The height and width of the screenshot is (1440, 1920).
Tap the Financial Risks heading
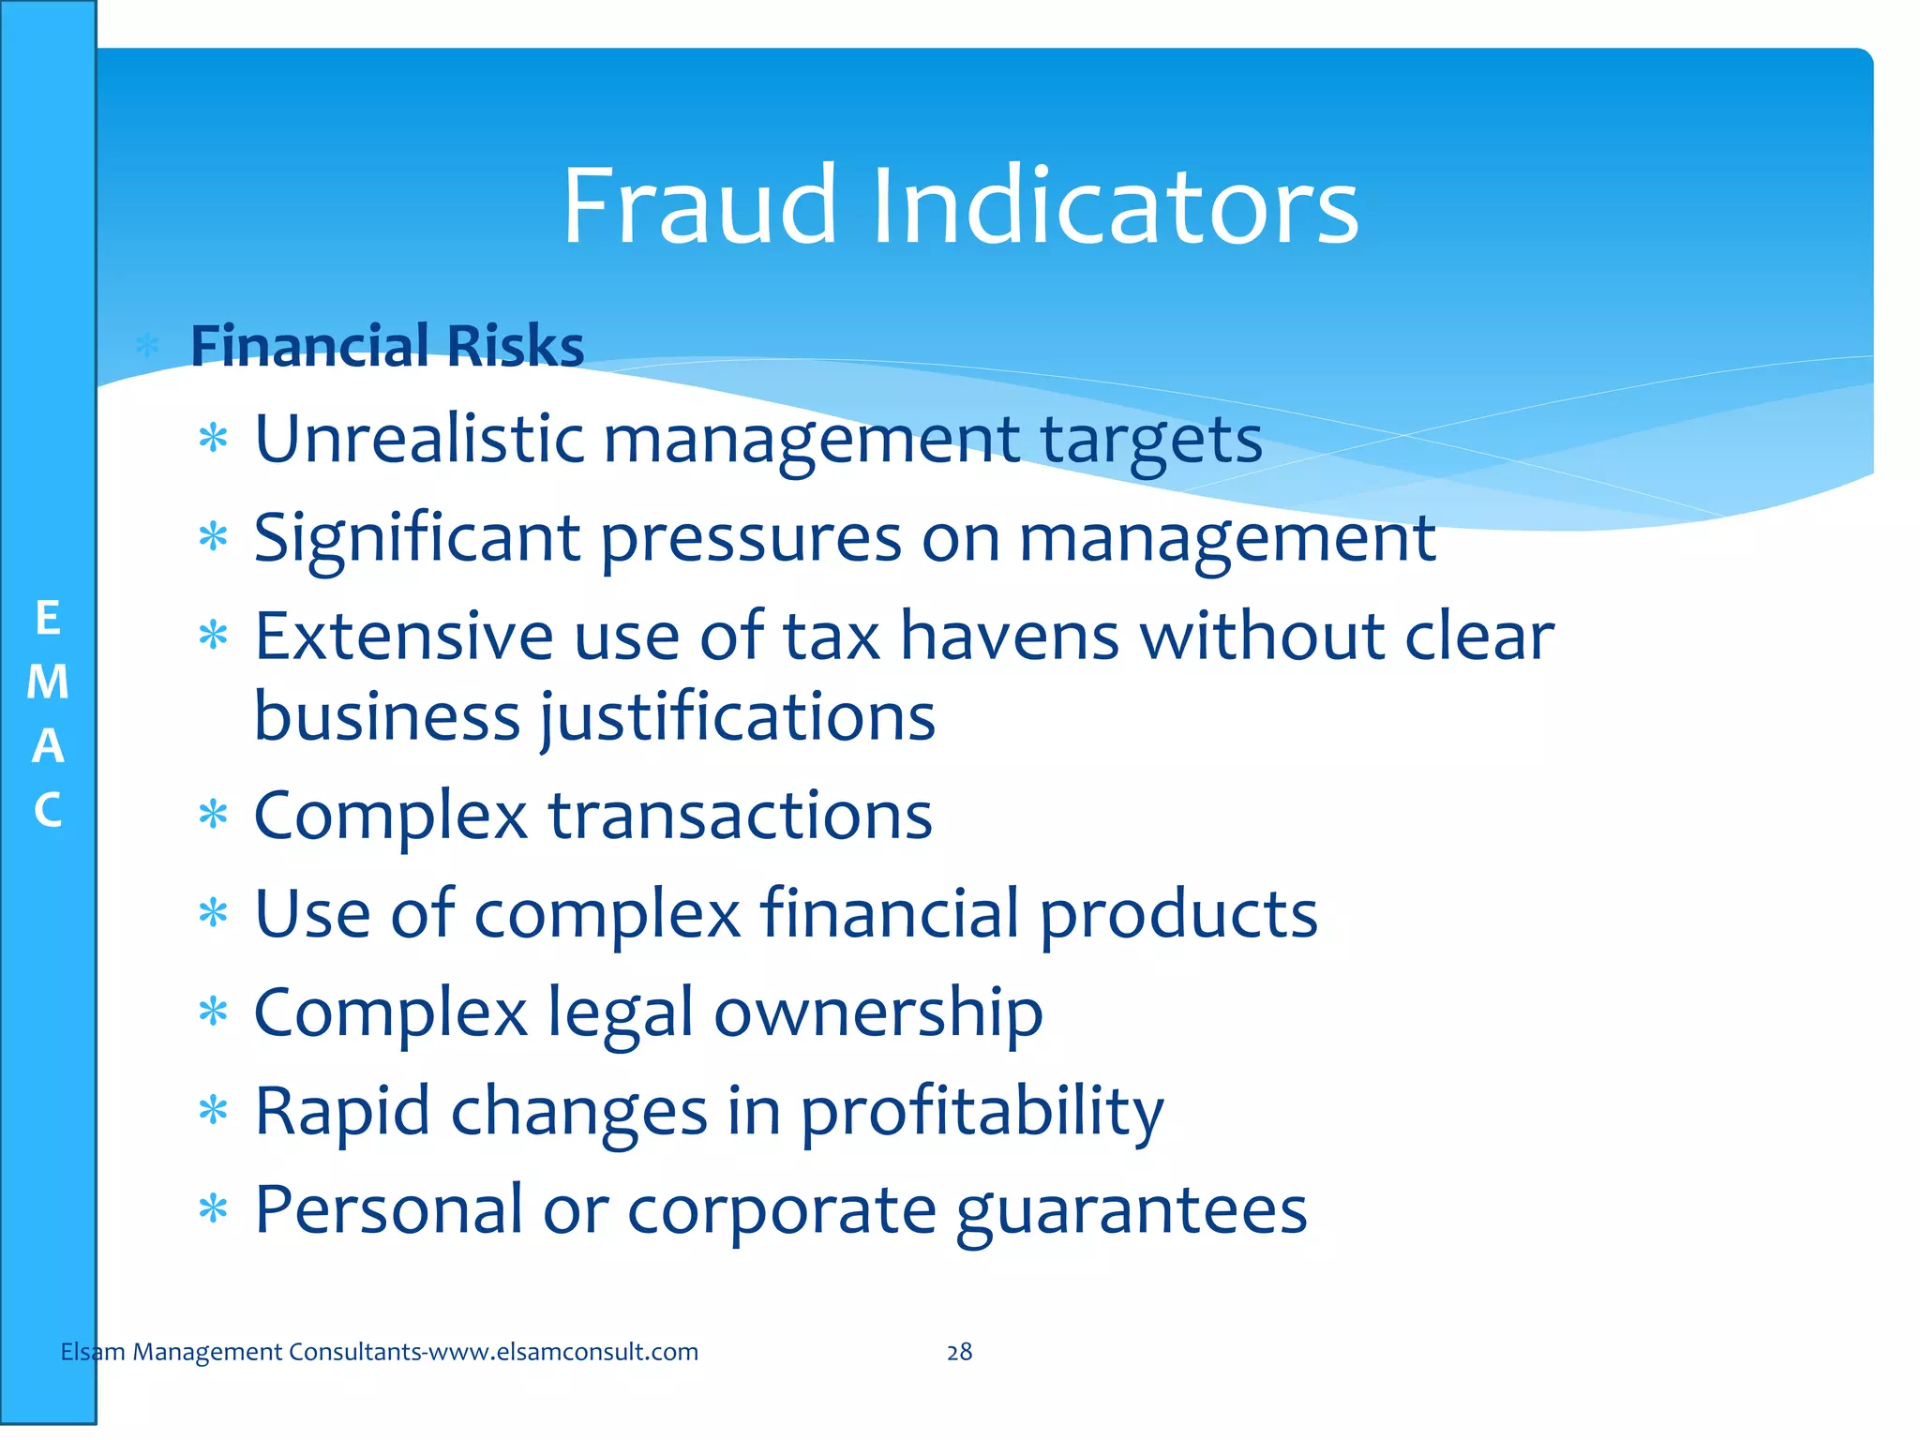coord(386,346)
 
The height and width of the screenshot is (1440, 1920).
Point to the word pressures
coord(751,540)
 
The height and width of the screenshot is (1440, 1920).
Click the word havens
coord(1010,637)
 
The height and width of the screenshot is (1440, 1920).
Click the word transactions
coord(741,816)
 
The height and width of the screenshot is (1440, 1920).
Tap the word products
coord(1179,916)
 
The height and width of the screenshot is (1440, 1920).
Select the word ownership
coord(878,1015)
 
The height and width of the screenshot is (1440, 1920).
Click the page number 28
coord(959,1352)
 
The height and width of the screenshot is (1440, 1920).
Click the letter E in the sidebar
coord(48,619)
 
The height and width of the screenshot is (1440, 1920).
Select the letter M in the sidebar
coord(48,682)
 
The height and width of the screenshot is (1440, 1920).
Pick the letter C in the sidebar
coord(48,810)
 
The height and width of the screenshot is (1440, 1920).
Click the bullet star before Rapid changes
coord(214,1111)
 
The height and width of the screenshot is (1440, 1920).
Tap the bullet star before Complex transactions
coord(214,815)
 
